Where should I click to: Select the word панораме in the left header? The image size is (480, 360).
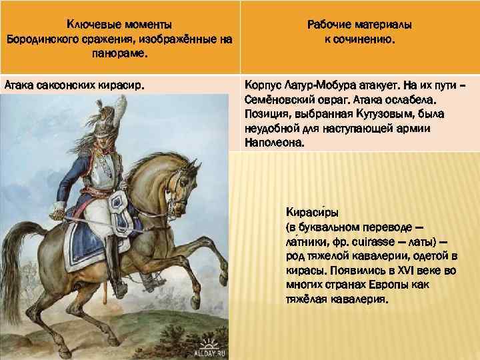119,53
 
